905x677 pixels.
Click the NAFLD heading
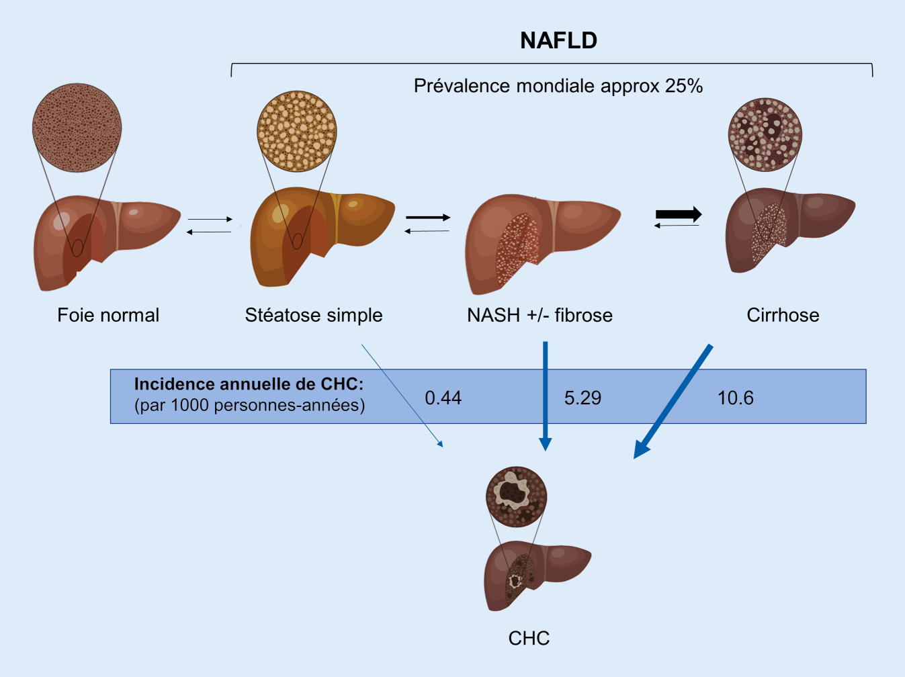coord(558,40)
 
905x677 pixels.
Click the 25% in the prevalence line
coord(684,86)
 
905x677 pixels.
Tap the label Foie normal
coord(108,315)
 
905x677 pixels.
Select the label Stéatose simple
coord(314,315)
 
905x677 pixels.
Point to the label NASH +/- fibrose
coord(540,315)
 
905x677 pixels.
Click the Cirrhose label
coord(783,315)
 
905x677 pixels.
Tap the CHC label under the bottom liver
coord(529,637)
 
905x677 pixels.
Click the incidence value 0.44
coord(443,398)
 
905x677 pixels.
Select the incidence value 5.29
coord(583,398)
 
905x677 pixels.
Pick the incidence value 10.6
coord(735,398)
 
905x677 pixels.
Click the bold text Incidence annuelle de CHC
coord(249,384)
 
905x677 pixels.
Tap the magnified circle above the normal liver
coord(77,128)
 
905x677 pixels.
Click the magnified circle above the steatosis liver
coord(296,131)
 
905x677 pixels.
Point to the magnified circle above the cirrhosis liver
coord(765,134)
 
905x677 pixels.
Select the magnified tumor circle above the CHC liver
coord(516,496)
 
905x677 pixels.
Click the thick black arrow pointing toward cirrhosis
coord(679,214)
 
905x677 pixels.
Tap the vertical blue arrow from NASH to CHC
coord(546,396)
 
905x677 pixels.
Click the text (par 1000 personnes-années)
coord(249,406)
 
